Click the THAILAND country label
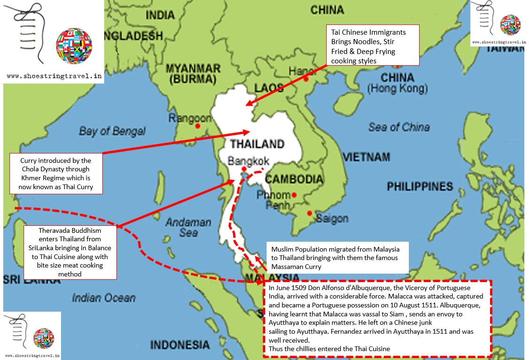coord(257,144)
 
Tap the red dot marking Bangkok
coord(244,169)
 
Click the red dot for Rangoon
coord(198,126)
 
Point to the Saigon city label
coord(332,218)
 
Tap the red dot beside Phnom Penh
coord(294,195)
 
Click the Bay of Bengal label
coord(112,131)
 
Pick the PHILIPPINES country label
coord(420,187)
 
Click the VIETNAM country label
coord(367,157)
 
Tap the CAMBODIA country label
coord(294,179)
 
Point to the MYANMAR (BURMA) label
coord(193,74)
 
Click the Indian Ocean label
coord(104,298)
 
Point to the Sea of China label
coord(399,127)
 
